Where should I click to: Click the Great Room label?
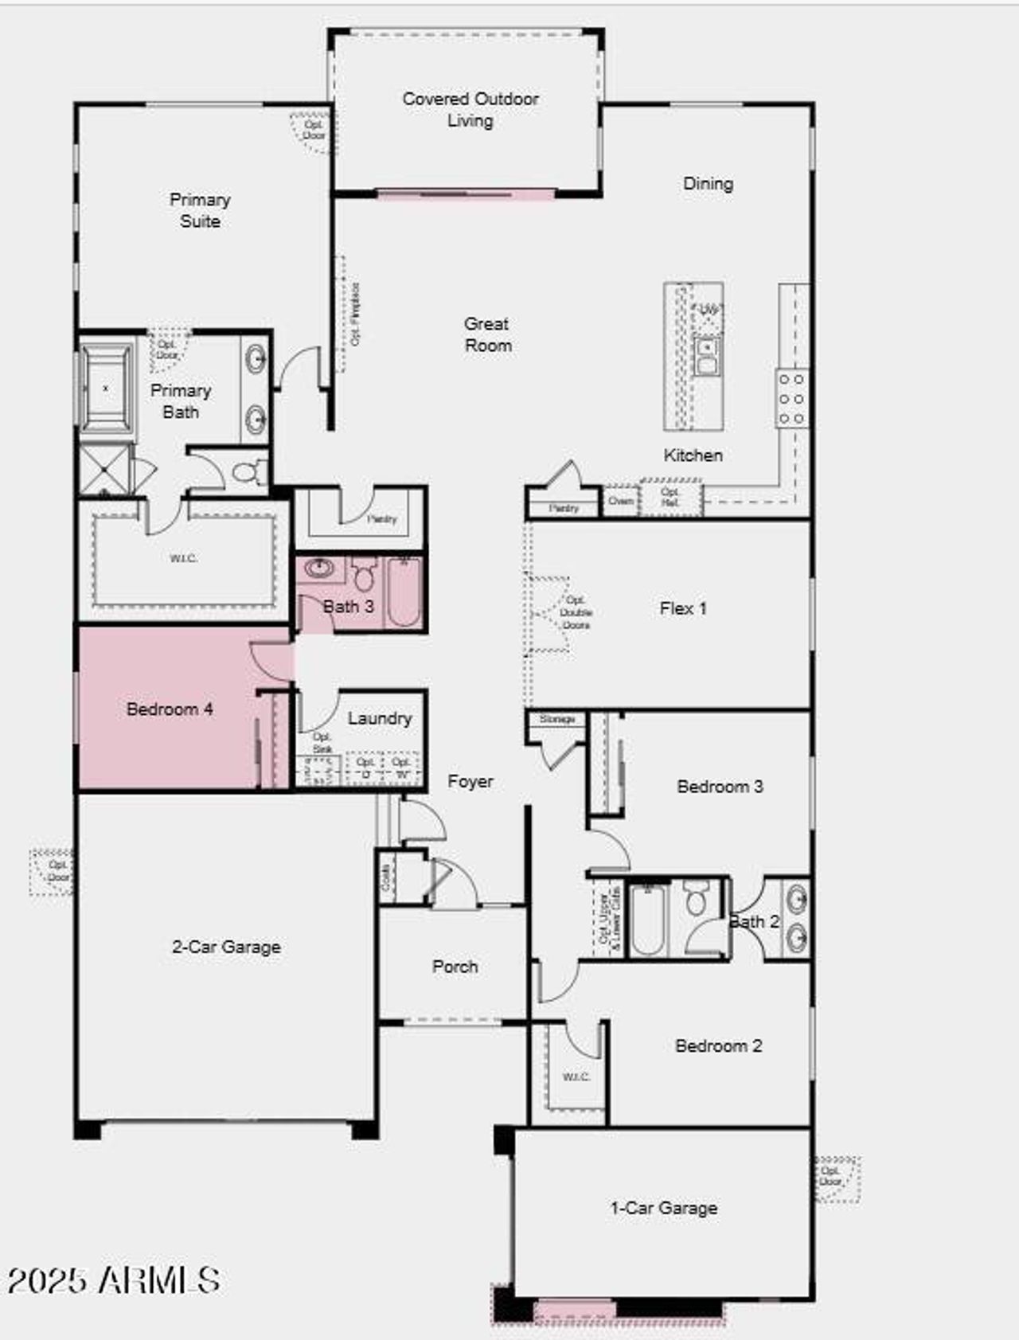coord(487,334)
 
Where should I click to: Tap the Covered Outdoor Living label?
coord(470,110)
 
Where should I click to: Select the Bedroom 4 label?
coord(170,709)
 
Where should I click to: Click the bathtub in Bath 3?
coord(404,592)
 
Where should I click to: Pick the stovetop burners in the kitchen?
coord(791,398)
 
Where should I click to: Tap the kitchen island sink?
coord(706,356)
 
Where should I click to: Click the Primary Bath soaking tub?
coord(107,389)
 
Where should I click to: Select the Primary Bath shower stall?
coord(104,470)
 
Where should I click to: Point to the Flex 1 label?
coord(683,608)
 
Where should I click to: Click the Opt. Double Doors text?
coord(576,612)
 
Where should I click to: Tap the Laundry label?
coord(380,718)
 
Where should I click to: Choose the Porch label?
coord(455,967)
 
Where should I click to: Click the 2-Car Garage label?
coord(226,947)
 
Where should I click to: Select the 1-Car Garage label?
coord(663,1208)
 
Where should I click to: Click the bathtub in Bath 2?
coord(648,920)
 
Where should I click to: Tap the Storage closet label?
coord(556,719)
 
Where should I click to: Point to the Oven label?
coord(620,501)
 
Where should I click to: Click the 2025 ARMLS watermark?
coord(113,1280)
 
